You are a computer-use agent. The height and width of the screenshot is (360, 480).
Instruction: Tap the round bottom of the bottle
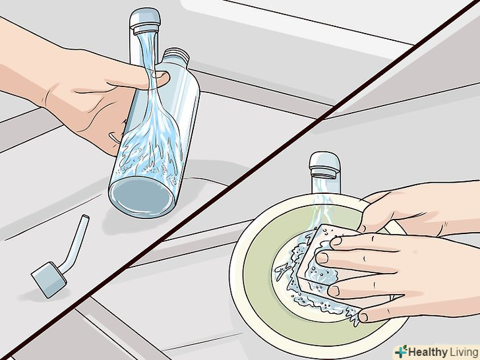tap(142, 197)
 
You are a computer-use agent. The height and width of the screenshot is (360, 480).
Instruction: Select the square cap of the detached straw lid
tap(49, 279)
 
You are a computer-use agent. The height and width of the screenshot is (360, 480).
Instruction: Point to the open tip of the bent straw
tap(85, 217)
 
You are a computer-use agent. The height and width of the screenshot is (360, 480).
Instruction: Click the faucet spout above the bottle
tap(145, 21)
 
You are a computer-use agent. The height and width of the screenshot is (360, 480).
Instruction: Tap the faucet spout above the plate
tap(324, 165)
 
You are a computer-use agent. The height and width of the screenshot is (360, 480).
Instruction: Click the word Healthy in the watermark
tap(428, 351)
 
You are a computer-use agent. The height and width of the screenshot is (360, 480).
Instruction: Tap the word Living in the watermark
tap(464, 352)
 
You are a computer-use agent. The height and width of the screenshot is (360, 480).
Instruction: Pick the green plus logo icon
tap(402, 351)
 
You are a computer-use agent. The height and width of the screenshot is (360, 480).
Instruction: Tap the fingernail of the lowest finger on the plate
tap(363, 317)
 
